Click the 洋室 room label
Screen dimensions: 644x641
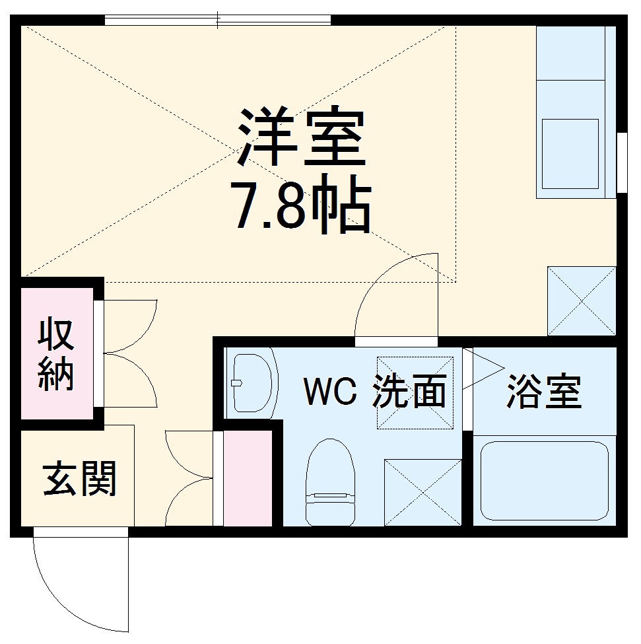click(x=301, y=138)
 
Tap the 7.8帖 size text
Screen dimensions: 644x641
click(x=301, y=206)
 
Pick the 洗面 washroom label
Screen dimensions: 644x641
click(x=409, y=392)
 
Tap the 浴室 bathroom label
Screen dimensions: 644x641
click(x=543, y=392)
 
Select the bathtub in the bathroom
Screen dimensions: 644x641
click(x=544, y=480)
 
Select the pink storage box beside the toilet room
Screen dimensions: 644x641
click(x=248, y=478)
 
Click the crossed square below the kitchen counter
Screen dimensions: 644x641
click(x=581, y=301)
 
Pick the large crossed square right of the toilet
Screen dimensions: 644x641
click(x=422, y=492)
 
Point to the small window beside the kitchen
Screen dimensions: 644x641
click(x=621, y=162)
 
